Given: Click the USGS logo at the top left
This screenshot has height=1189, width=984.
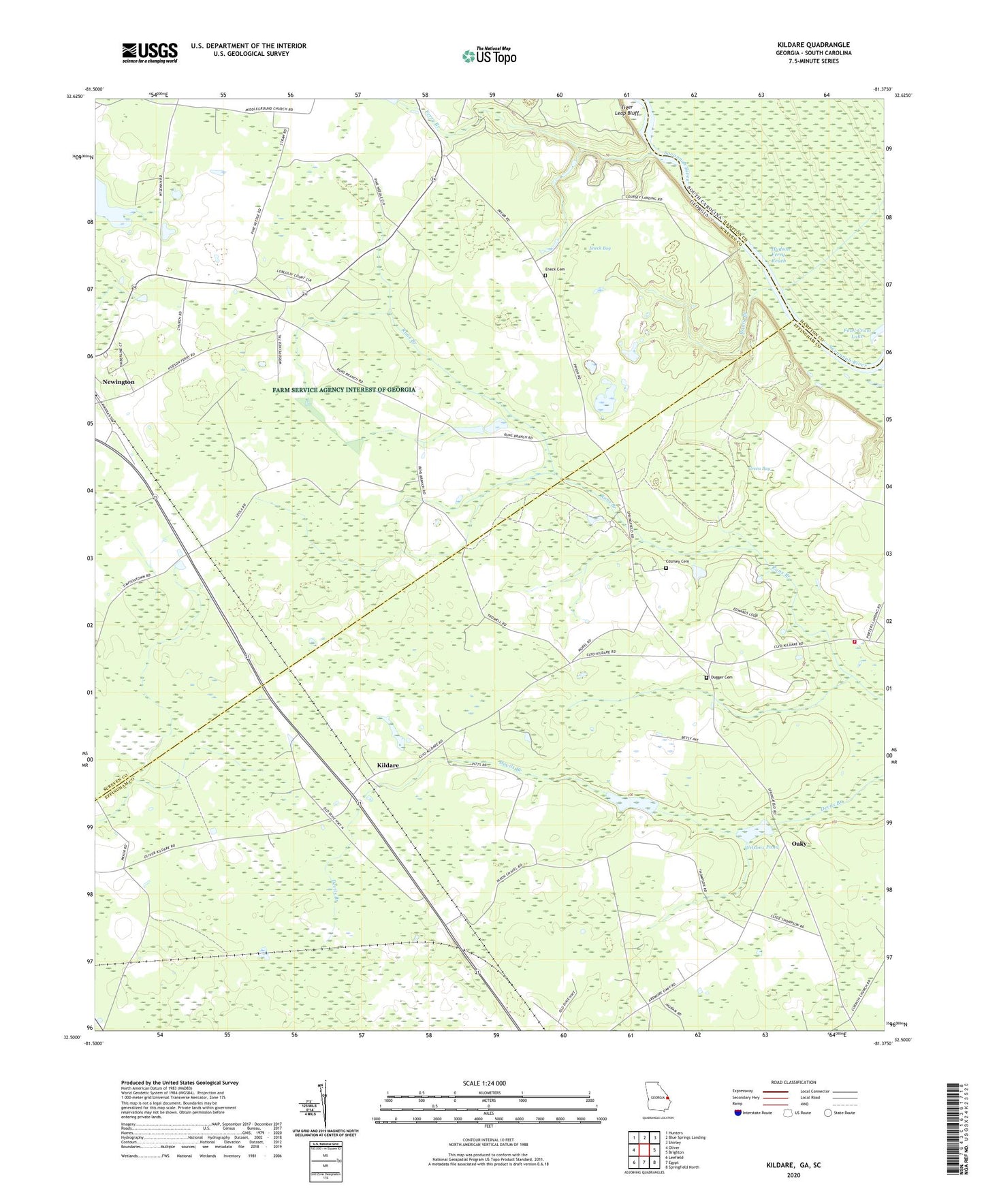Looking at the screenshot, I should [x=150, y=52].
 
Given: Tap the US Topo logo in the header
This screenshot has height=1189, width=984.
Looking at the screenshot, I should [x=489, y=56].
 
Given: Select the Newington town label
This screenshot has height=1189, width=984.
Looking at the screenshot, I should [x=118, y=382].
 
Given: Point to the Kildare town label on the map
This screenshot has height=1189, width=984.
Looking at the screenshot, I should [x=388, y=765].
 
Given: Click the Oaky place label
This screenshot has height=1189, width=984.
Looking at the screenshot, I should [x=799, y=844].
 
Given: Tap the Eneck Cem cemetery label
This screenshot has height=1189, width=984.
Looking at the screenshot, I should [x=555, y=270].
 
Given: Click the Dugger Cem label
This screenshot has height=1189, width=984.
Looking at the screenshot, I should [x=721, y=678].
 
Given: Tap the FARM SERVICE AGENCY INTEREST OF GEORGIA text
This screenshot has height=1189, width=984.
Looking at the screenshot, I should [x=344, y=390].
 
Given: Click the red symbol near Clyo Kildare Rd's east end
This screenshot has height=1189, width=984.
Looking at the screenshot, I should [x=855, y=641].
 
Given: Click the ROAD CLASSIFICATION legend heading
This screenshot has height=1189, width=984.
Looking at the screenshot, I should [x=793, y=1082].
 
